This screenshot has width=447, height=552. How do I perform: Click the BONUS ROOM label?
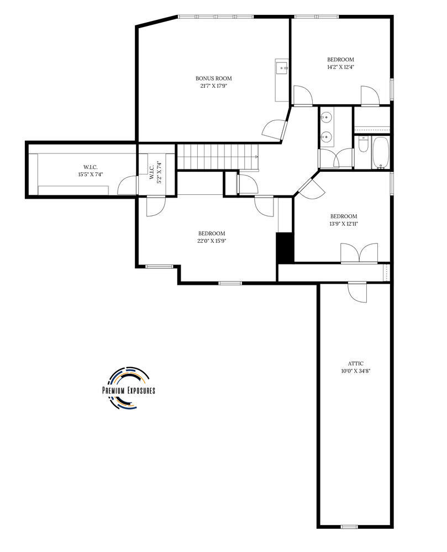(x=213, y=78)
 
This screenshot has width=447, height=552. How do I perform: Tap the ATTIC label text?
(x=355, y=364)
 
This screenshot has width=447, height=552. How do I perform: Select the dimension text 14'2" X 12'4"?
(x=340, y=67)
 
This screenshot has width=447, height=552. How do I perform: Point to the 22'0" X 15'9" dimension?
(x=212, y=241)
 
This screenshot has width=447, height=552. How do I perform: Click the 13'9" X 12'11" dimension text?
(x=344, y=224)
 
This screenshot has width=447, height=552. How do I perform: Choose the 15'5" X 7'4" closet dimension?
(x=90, y=174)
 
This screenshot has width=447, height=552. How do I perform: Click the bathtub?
(x=380, y=153)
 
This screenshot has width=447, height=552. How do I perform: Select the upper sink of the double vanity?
(x=327, y=116)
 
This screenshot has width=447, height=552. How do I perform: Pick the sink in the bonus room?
(x=282, y=68)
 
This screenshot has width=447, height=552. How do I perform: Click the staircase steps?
(x=217, y=156)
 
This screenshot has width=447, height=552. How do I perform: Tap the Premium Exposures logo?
(x=129, y=388)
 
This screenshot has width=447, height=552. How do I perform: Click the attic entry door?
(x=357, y=291)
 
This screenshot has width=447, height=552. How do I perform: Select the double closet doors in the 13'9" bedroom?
(x=359, y=253)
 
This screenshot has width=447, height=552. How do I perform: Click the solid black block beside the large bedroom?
(x=285, y=247)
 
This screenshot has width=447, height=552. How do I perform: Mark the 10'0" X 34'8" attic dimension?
(x=355, y=371)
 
